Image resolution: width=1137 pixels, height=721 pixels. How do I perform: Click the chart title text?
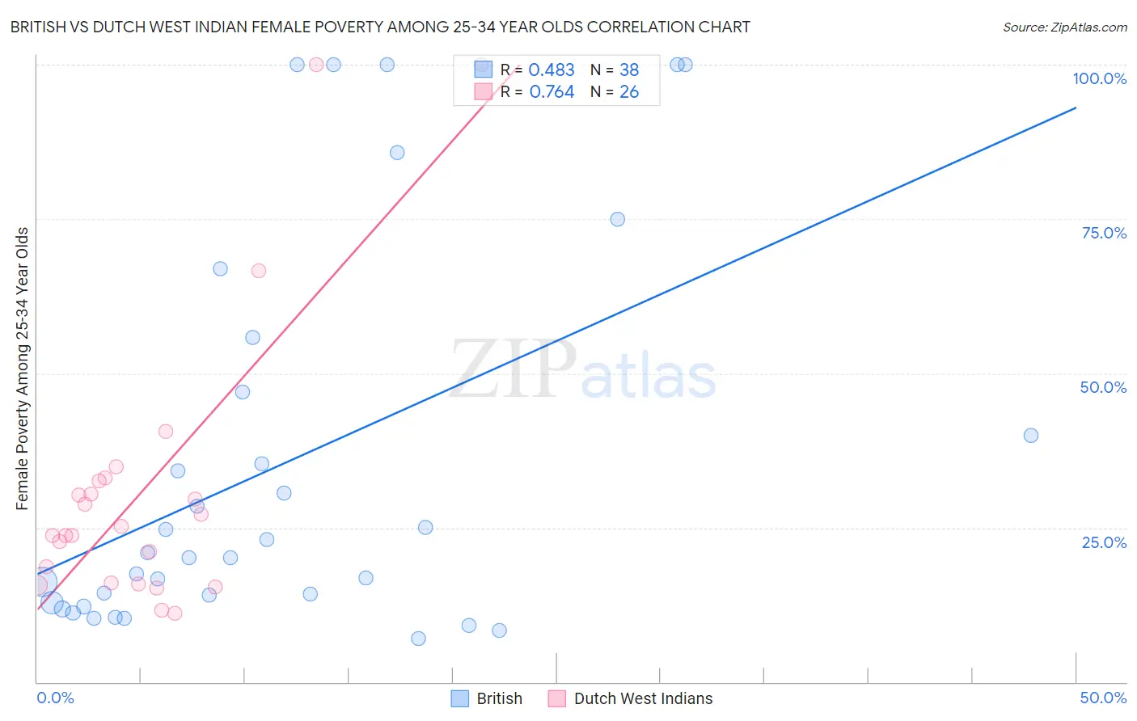380,27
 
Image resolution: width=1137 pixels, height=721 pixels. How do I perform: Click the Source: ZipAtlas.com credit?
1064,27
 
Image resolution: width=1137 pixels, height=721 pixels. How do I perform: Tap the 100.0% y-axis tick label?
1099,78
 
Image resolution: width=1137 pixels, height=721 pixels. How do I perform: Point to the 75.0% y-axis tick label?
1104,233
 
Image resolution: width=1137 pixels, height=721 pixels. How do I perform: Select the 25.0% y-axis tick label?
1104,542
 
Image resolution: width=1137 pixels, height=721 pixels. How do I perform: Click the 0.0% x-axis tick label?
55,698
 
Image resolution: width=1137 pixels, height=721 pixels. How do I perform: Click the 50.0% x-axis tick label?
1103,698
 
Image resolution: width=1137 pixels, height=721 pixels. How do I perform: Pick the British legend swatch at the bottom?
460,698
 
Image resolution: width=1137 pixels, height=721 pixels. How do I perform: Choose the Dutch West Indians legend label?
643,698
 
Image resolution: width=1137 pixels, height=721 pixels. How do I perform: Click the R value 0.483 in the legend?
552,70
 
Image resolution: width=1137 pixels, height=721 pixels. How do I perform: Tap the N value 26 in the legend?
629,92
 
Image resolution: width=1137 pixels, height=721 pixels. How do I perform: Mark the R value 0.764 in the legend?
552,92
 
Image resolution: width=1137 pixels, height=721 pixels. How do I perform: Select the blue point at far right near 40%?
1030,436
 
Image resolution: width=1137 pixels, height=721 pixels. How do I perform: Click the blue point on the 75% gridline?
617,219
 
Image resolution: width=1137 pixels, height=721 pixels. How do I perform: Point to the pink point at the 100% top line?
316,65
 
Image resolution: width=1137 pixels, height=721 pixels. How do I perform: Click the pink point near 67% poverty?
259,271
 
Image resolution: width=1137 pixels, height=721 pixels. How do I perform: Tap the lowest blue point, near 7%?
418,639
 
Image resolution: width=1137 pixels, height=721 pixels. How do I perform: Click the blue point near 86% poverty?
397,153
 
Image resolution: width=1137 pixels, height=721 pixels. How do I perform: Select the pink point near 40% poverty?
166,432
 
